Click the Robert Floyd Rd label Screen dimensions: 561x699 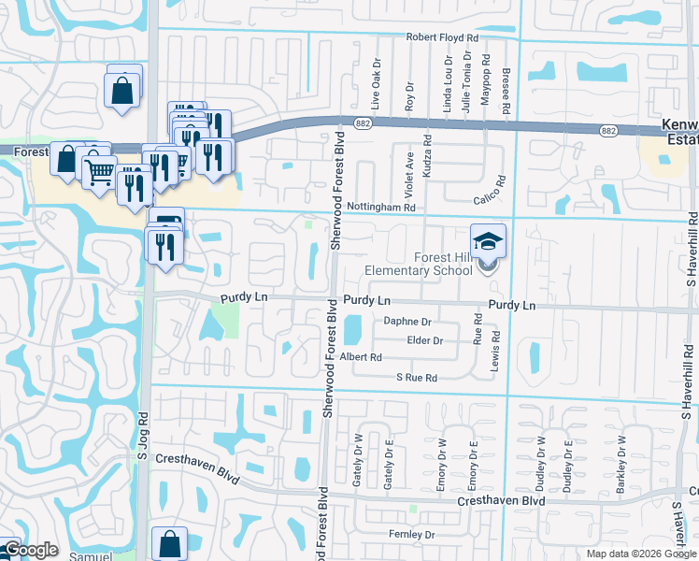click(441, 37)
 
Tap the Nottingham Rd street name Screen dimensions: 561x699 click(379, 207)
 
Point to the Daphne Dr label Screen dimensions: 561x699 click(407, 321)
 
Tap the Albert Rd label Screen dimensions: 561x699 click(361, 357)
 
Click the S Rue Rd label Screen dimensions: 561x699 click(416, 378)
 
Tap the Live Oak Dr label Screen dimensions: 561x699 click(375, 90)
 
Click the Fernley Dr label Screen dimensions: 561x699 click(411, 535)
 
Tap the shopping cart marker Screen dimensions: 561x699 click(99, 171)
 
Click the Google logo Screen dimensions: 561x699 click(30, 550)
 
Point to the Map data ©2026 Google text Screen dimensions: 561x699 click(641, 554)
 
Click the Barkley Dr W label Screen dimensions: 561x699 click(621, 465)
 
